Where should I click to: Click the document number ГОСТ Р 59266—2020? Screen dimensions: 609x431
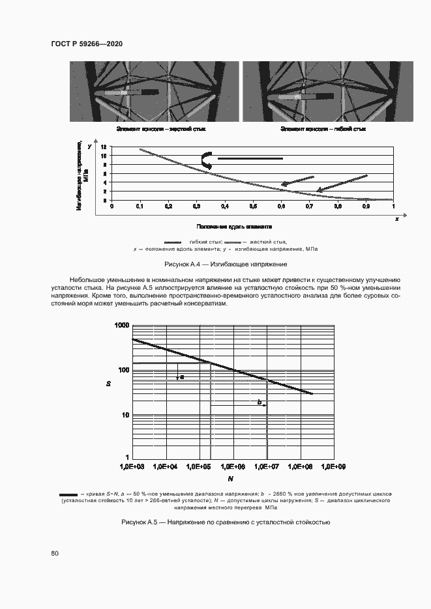(87, 44)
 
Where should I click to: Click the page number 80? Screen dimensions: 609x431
(55, 554)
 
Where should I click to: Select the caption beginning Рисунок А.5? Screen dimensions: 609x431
(226, 522)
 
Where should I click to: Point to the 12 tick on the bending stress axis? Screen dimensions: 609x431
(103, 156)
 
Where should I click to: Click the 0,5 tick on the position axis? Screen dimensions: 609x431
(253, 206)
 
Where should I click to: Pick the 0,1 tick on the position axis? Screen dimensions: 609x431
(140, 206)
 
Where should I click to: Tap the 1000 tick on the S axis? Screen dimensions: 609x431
(122, 324)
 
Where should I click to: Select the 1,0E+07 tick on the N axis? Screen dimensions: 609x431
(267, 466)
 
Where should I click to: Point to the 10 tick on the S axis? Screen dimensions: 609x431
(125, 415)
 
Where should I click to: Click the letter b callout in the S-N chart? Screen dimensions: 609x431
(260, 403)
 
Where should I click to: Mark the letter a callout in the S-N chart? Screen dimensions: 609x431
(182, 376)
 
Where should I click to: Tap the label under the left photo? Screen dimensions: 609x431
(160, 130)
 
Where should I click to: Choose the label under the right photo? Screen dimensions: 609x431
(323, 130)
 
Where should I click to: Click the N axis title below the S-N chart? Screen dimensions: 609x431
(231, 479)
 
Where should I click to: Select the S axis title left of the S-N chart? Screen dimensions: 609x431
(110, 384)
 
